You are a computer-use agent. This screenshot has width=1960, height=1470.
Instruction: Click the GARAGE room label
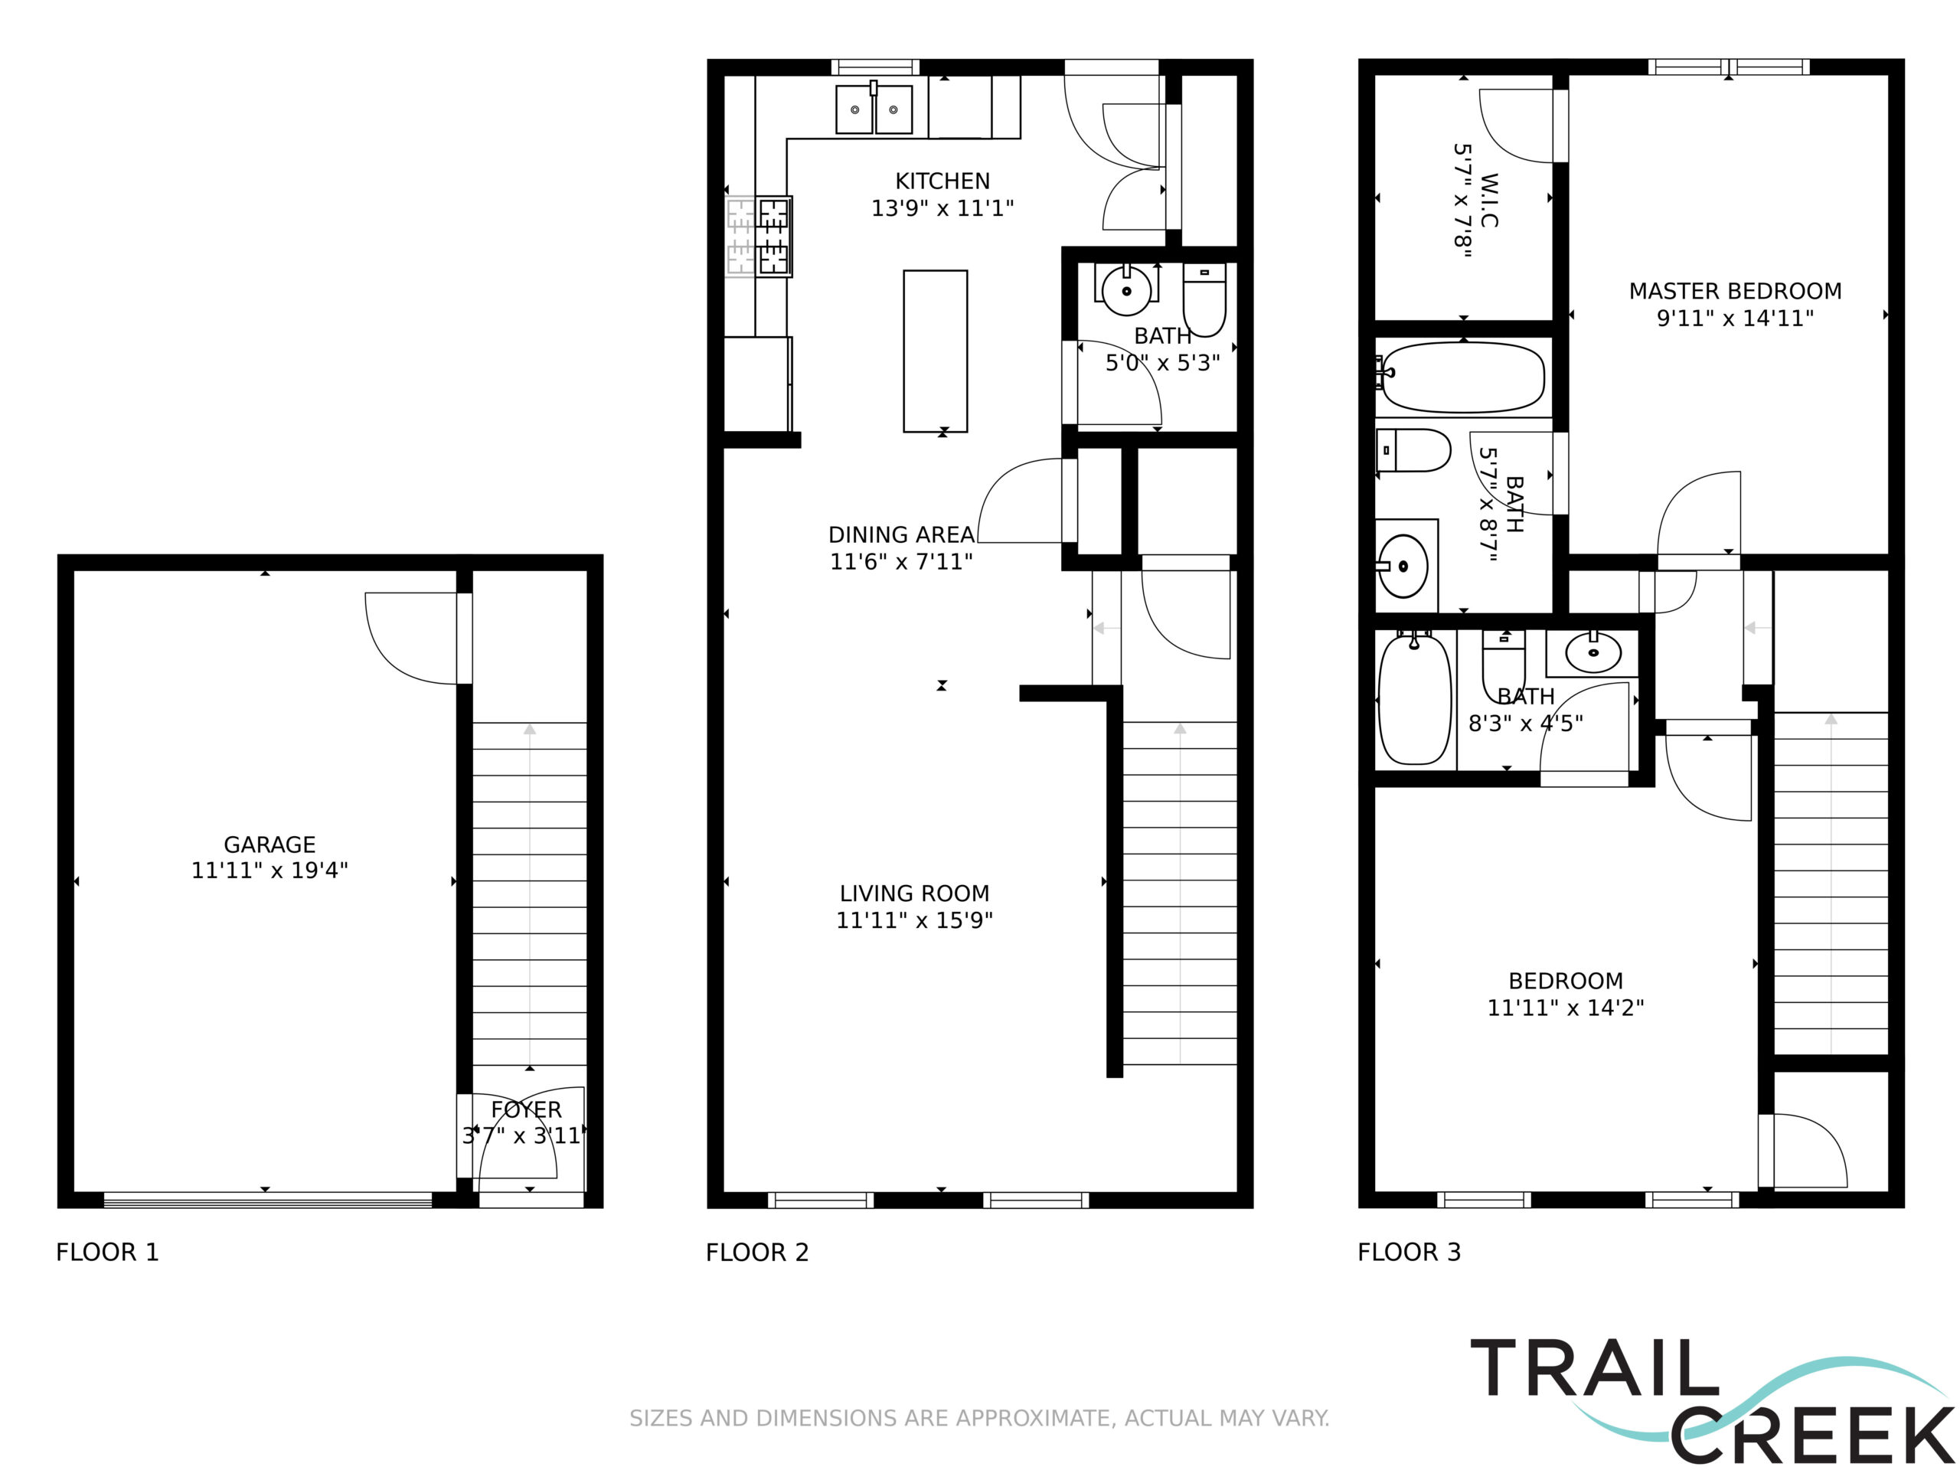coord(269,844)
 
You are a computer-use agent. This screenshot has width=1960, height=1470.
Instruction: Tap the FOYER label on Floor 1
coord(526,1109)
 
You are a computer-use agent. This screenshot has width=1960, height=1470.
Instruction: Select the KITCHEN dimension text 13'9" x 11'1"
coord(942,208)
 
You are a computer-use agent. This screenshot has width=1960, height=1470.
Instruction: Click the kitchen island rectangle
coord(935,351)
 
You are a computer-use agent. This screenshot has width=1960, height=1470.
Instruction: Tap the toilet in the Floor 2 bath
coord(1204,299)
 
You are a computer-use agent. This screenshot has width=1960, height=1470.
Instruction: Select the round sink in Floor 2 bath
coord(1126,289)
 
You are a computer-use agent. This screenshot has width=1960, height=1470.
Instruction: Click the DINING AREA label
coord(901,535)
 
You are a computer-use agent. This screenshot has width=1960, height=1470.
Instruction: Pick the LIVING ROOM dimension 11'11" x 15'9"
coord(914,920)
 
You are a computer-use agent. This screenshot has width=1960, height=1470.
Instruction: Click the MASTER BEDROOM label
coord(1735,292)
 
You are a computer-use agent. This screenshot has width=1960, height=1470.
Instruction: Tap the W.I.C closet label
coord(1489,201)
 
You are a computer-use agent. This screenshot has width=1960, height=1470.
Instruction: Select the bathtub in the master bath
coord(1463,377)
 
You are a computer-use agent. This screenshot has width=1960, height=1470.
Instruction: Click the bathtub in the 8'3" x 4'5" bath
coord(1415,697)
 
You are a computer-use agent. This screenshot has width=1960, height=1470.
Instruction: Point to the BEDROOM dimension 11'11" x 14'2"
coord(1566,1008)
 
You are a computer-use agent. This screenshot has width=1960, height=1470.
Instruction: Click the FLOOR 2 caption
coord(758,1252)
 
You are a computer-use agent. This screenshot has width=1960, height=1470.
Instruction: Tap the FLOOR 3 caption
coord(1409,1252)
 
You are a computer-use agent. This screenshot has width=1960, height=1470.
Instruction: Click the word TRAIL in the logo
coord(1594,1367)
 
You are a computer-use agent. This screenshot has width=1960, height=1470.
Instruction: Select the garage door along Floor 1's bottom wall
coord(268,1200)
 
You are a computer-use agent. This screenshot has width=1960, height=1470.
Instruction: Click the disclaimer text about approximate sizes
coord(979,1418)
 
